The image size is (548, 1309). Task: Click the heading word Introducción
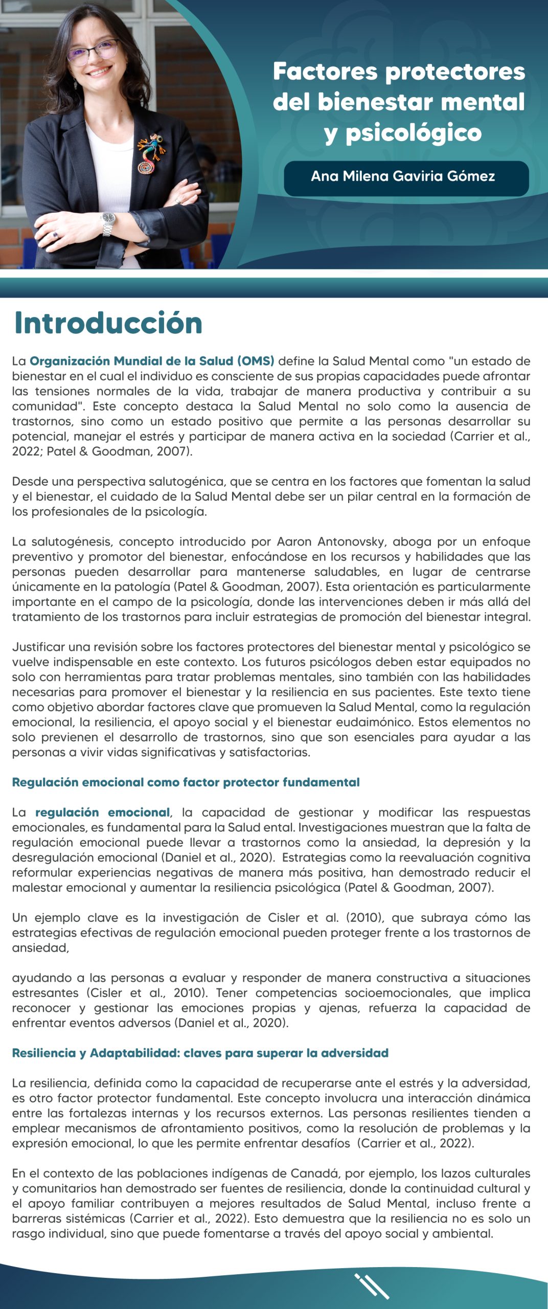click(108, 323)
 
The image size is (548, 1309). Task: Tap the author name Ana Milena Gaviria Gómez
click(403, 176)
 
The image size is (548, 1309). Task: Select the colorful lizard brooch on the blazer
click(150, 153)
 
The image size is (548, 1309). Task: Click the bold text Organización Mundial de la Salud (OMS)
click(152, 361)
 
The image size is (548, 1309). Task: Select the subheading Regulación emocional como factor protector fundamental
click(186, 782)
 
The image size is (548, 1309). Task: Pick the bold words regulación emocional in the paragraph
click(102, 813)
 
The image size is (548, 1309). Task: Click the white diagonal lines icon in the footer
click(372, 1286)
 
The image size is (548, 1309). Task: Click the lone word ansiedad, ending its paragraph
click(40, 948)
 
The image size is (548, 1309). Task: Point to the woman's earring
click(76, 83)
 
